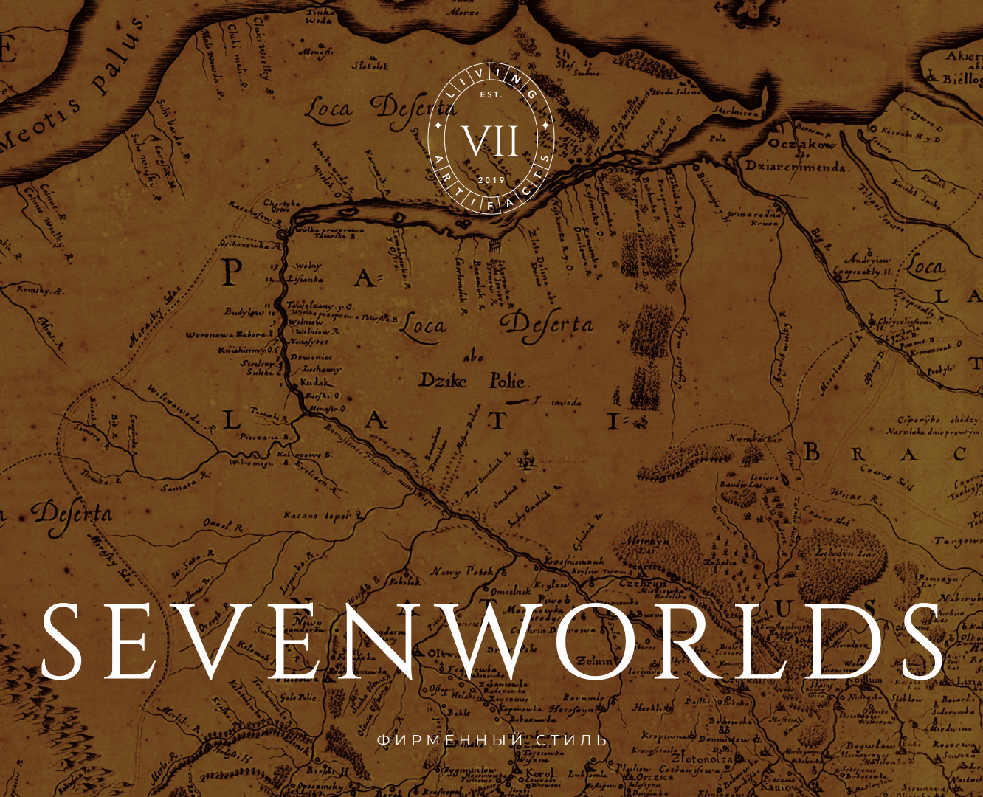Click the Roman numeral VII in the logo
pos(491,140)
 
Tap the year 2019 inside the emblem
pos(491,180)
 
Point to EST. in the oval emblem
pos(491,95)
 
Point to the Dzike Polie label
pos(472,381)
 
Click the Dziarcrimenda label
pos(795,167)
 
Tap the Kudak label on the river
pos(316,383)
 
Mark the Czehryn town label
pos(643,583)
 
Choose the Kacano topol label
pos(316,516)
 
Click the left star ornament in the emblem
pos(438,127)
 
